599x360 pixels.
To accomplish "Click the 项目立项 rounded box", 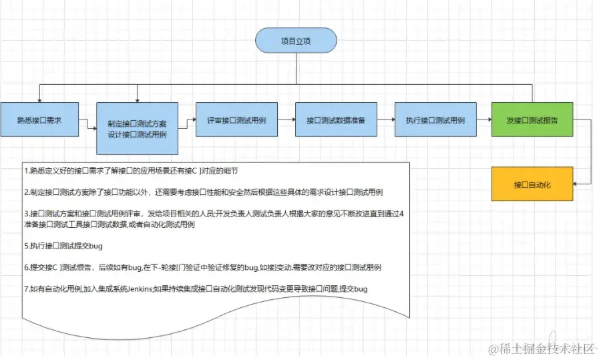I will (x=295, y=41).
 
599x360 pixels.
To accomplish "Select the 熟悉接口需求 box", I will (x=39, y=121).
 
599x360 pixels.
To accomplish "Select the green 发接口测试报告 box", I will (x=532, y=120).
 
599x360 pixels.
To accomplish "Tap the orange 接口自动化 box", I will (x=532, y=183).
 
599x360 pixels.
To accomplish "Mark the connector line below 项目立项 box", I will (x=295, y=69).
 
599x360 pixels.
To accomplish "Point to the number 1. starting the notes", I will (x=25, y=172).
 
